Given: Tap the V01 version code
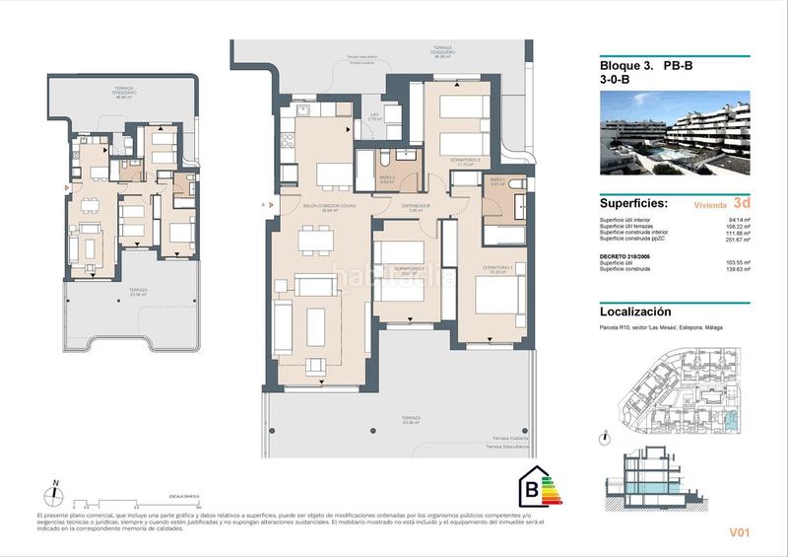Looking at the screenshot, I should click(x=741, y=533).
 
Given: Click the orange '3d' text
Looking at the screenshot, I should click(x=729, y=203).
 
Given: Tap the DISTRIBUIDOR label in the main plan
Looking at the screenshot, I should click(x=411, y=205).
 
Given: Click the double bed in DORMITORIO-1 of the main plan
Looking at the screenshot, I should click(x=498, y=297).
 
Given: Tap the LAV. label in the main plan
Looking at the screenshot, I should click(x=374, y=114).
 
